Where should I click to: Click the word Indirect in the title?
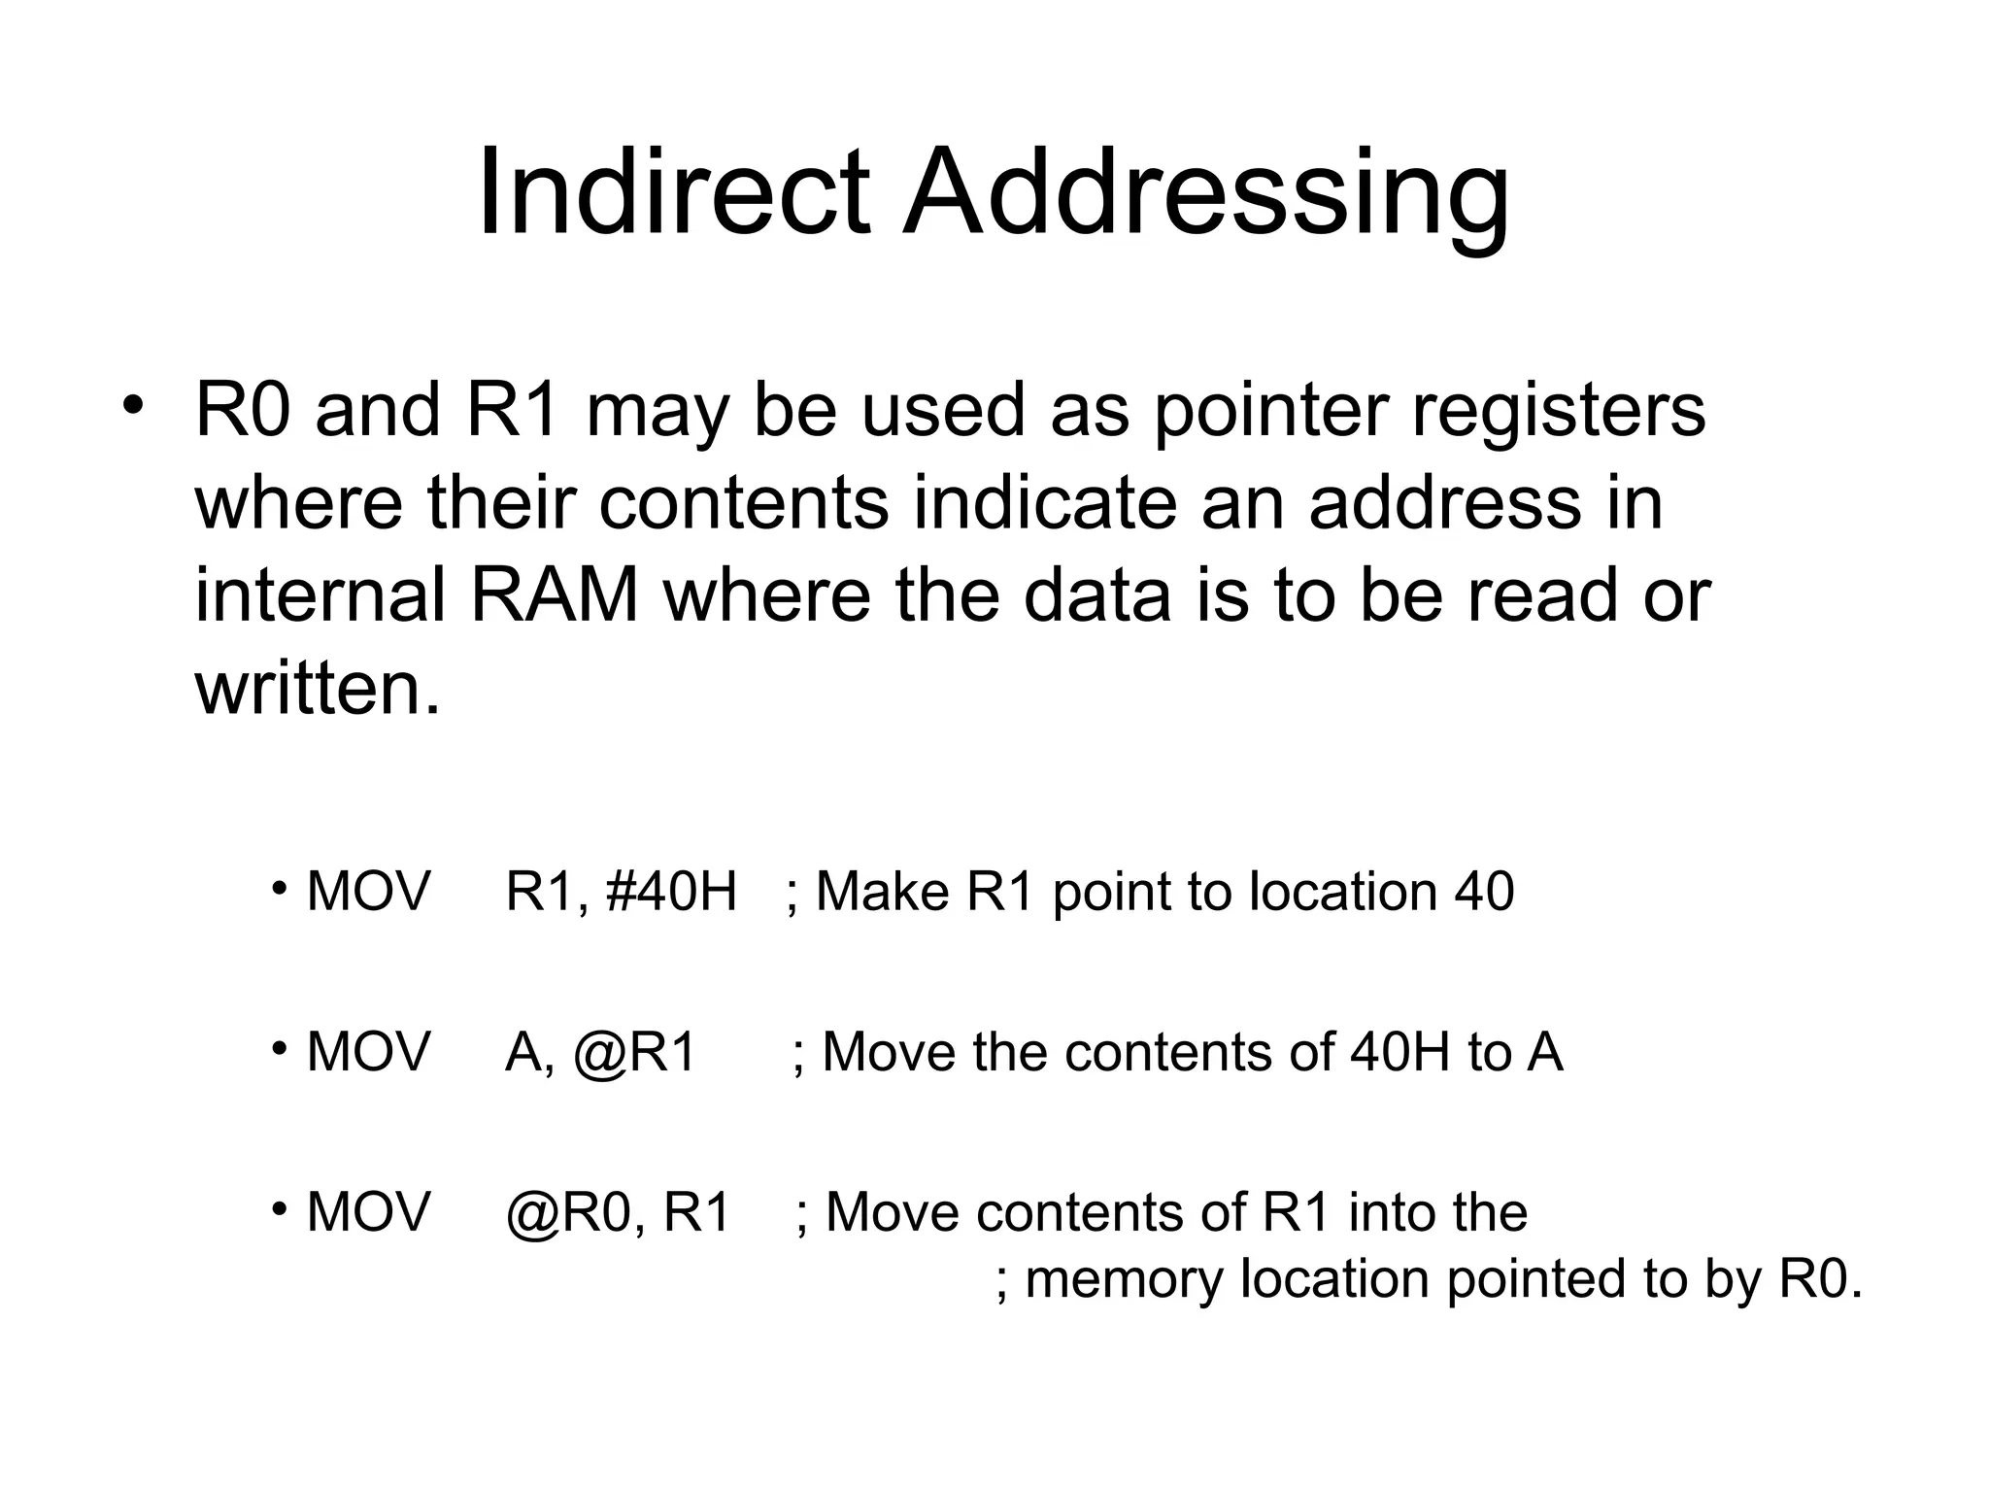click(x=673, y=191)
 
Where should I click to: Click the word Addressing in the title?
click(x=1205, y=191)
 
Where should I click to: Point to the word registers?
click(x=1558, y=410)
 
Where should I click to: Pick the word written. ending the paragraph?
click(x=318, y=689)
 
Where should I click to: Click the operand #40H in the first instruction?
click(x=671, y=892)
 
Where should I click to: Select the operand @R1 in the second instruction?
click(x=635, y=1053)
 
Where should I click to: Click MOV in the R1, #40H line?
click(x=368, y=892)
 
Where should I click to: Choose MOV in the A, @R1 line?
click(x=368, y=1053)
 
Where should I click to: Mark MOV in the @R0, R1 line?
click(x=368, y=1213)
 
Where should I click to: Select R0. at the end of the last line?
click(x=1820, y=1279)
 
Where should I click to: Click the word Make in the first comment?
click(x=882, y=892)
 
